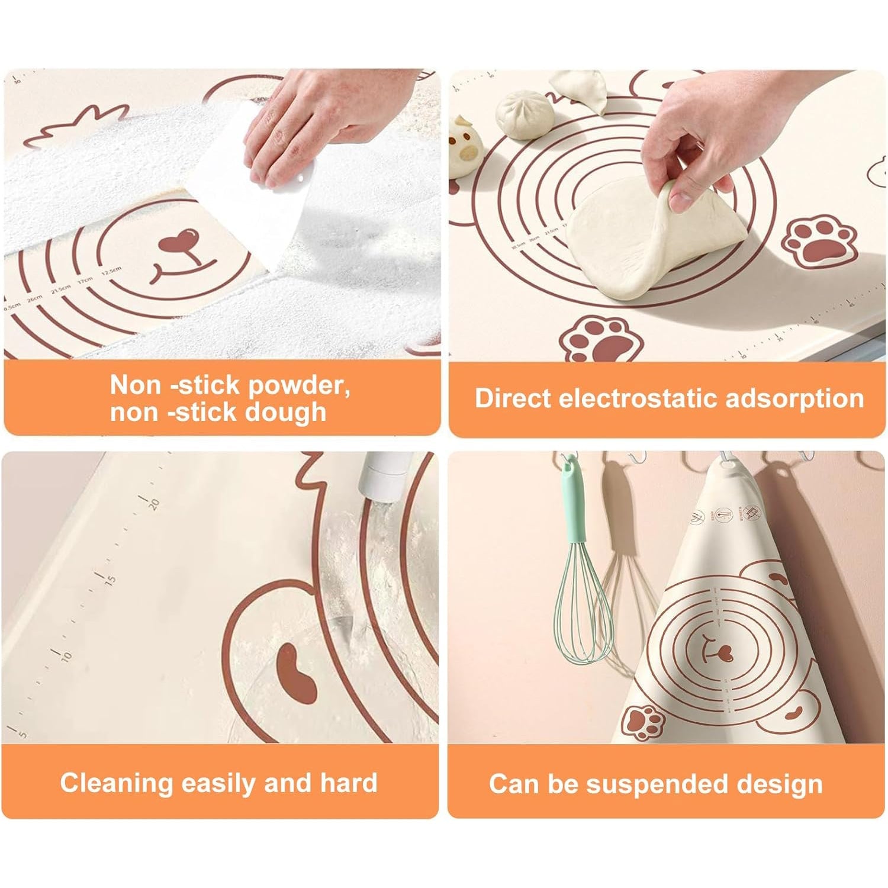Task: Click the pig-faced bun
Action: pos(463,148)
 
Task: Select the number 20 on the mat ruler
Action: pos(154,503)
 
